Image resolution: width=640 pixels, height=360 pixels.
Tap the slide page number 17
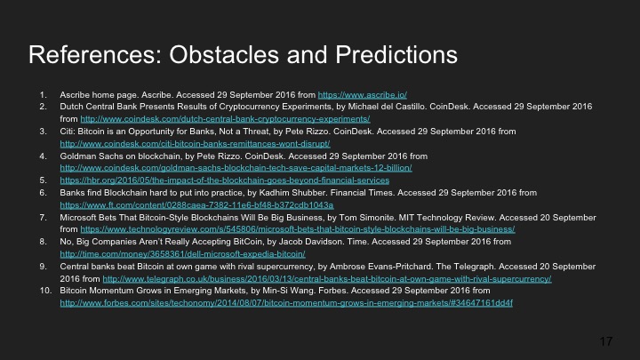(x=607, y=341)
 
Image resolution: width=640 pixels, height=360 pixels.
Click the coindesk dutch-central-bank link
(x=225, y=117)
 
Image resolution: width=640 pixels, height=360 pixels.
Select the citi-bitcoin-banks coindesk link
(x=195, y=142)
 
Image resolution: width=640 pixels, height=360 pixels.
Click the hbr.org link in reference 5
(x=223, y=179)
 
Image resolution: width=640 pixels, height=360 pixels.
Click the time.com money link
(x=182, y=253)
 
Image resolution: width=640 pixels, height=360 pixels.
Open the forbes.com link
(x=286, y=303)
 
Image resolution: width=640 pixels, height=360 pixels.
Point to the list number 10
(x=44, y=291)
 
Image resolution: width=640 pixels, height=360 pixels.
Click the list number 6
(x=46, y=191)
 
